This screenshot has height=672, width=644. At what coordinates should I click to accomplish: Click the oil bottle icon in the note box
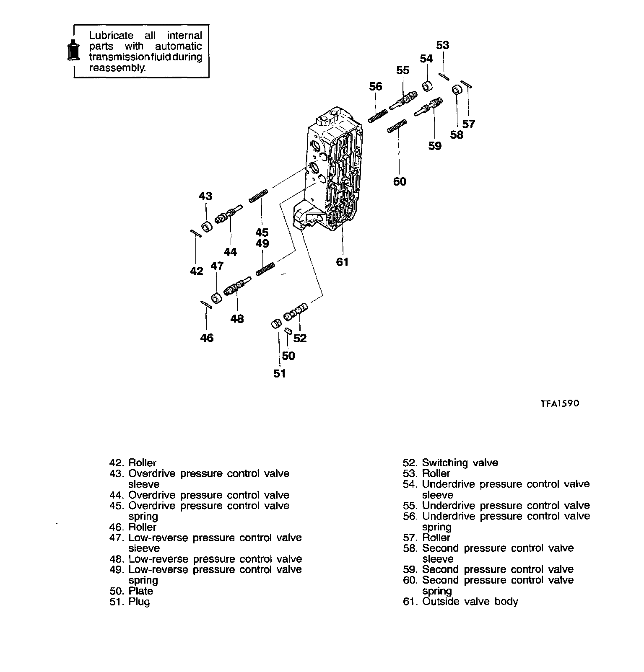pyautogui.click(x=74, y=51)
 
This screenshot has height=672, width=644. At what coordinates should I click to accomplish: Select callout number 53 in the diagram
pyautogui.click(x=442, y=45)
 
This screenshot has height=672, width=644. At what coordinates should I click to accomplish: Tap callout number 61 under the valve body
pyautogui.click(x=342, y=262)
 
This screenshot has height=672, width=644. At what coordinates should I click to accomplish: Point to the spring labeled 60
pyautogui.click(x=397, y=125)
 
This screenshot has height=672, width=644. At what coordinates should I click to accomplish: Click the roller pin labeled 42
pyautogui.click(x=196, y=233)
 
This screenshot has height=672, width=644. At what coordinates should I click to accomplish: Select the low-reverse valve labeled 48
pyautogui.click(x=236, y=288)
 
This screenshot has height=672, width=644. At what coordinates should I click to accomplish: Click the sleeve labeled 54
pyautogui.click(x=427, y=87)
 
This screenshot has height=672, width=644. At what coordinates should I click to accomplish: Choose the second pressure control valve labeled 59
pyautogui.click(x=428, y=106)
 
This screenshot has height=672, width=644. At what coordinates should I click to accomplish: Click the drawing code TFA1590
pyautogui.click(x=559, y=403)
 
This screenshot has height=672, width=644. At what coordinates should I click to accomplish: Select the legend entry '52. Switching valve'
pyautogui.click(x=450, y=463)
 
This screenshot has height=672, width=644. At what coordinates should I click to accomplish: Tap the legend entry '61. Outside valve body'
pyautogui.click(x=460, y=602)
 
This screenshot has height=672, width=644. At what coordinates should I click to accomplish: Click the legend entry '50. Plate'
pyautogui.click(x=131, y=591)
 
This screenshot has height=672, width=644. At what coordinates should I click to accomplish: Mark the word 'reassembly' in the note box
pyautogui.click(x=117, y=68)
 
